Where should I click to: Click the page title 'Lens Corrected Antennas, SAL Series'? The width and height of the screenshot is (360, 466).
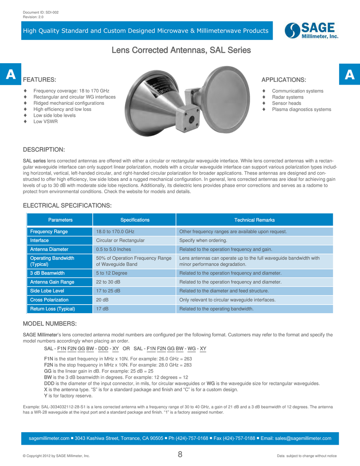181,50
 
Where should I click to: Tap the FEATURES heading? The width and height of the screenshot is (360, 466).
40,80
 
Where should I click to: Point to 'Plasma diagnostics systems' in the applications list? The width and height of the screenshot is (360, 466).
301,109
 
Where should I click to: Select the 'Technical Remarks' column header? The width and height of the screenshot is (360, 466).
254,220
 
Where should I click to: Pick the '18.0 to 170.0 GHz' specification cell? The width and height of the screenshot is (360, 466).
115,232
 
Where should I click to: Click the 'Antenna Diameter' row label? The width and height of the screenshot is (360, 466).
49,249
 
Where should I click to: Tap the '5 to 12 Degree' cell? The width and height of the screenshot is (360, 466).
112,273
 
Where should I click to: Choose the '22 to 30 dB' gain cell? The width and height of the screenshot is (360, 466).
108,282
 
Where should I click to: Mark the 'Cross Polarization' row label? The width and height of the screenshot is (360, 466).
49,300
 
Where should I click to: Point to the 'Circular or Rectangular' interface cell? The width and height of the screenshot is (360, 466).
120,241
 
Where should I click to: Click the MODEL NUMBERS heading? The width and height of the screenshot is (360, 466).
50,324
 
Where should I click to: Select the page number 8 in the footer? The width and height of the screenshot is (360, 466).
180,454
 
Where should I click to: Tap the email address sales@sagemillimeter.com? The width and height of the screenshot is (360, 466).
303,438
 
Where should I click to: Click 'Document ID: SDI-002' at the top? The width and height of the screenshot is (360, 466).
41,12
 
